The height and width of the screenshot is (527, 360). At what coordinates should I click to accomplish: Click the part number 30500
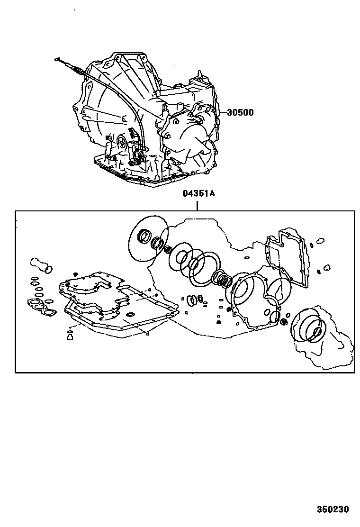[x=240, y=113]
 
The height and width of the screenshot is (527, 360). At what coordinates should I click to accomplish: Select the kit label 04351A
[x=198, y=194]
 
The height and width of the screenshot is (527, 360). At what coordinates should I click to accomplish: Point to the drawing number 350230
[x=333, y=509]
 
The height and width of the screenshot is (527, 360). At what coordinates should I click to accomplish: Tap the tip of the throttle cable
[x=57, y=59]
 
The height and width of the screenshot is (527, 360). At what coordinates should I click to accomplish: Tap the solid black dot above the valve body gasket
[x=75, y=273]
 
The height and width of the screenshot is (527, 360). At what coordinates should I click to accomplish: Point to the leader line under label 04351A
[x=198, y=204]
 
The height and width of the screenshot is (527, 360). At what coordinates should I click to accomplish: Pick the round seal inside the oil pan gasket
[x=131, y=314]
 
